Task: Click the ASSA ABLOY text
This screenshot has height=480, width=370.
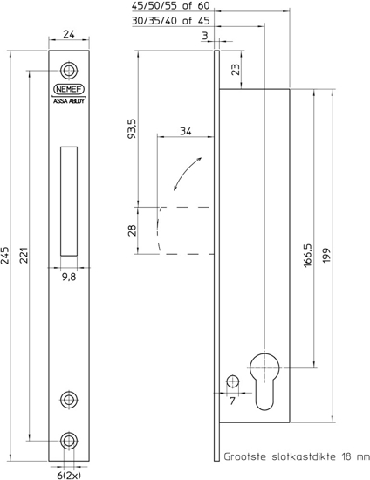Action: (x=67, y=100)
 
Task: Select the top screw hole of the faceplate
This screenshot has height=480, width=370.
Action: (x=67, y=70)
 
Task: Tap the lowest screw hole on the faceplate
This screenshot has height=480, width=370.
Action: (x=67, y=442)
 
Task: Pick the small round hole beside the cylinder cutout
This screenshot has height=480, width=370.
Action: (x=231, y=382)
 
